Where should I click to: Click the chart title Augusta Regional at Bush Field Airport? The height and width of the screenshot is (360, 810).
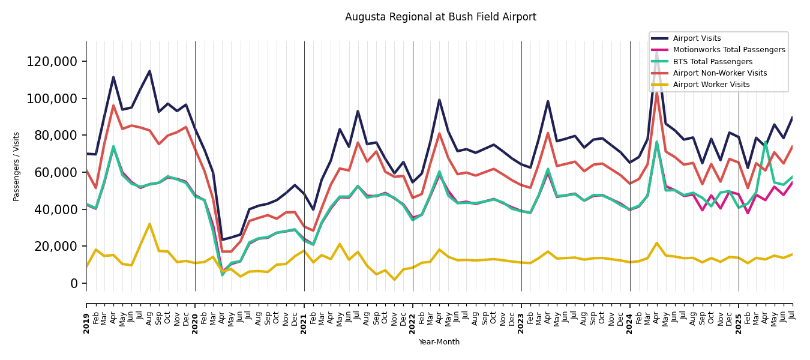pos(440,17)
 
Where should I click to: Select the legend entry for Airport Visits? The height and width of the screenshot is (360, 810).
pos(697,38)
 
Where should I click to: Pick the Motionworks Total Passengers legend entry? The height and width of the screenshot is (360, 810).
pos(728,50)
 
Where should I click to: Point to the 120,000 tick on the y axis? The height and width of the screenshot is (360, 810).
pos(52,61)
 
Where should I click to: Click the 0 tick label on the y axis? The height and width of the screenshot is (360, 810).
pos(74,283)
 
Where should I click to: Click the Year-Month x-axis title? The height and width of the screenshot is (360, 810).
pos(439,342)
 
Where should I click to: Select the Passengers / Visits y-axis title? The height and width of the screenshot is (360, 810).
pos(17,166)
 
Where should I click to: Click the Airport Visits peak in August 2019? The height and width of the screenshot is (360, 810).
pos(149,71)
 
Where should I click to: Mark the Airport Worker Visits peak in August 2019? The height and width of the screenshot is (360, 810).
pos(149,224)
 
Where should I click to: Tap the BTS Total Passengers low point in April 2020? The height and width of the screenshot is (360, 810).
pos(223,275)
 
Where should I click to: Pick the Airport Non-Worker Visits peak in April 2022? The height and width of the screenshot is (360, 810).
pos(439,133)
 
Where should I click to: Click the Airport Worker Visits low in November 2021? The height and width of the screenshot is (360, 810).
pos(394,280)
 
